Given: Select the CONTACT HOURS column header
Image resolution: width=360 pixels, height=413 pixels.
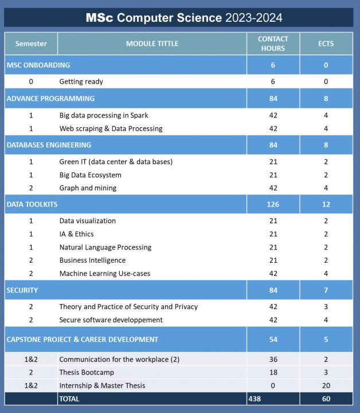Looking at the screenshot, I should (x=273, y=44).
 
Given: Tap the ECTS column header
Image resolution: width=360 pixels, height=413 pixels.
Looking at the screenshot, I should (x=326, y=44).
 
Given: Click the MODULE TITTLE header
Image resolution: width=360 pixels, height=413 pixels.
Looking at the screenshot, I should (x=152, y=44).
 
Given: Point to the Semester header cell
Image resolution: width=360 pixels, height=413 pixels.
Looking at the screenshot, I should (x=31, y=44).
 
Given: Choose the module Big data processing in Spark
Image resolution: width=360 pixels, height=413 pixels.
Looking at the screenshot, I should (x=104, y=115).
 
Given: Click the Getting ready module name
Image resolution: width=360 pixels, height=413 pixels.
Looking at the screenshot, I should (x=81, y=81).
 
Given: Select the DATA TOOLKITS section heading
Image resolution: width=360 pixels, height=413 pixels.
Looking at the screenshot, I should (x=32, y=204).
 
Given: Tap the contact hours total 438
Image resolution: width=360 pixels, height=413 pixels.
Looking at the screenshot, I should (x=256, y=399).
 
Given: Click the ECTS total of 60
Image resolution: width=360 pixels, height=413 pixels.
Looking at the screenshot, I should (x=326, y=399).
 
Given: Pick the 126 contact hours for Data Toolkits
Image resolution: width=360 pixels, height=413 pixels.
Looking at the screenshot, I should (x=273, y=204).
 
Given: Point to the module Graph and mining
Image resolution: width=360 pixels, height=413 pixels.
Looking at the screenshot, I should (x=88, y=188).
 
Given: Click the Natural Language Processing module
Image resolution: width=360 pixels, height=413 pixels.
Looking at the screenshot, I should (x=105, y=247).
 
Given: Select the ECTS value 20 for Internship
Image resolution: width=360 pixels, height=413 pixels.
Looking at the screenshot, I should (x=326, y=385).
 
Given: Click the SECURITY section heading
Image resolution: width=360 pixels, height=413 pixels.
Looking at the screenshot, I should (x=22, y=290).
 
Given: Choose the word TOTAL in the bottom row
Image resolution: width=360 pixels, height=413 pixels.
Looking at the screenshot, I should (x=69, y=399).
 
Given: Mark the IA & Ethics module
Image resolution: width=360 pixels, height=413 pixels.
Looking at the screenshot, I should (x=76, y=234).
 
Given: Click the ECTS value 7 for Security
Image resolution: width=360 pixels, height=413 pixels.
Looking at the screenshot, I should (x=326, y=290).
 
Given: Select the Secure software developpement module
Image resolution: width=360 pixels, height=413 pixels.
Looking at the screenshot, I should (x=111, y=320).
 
